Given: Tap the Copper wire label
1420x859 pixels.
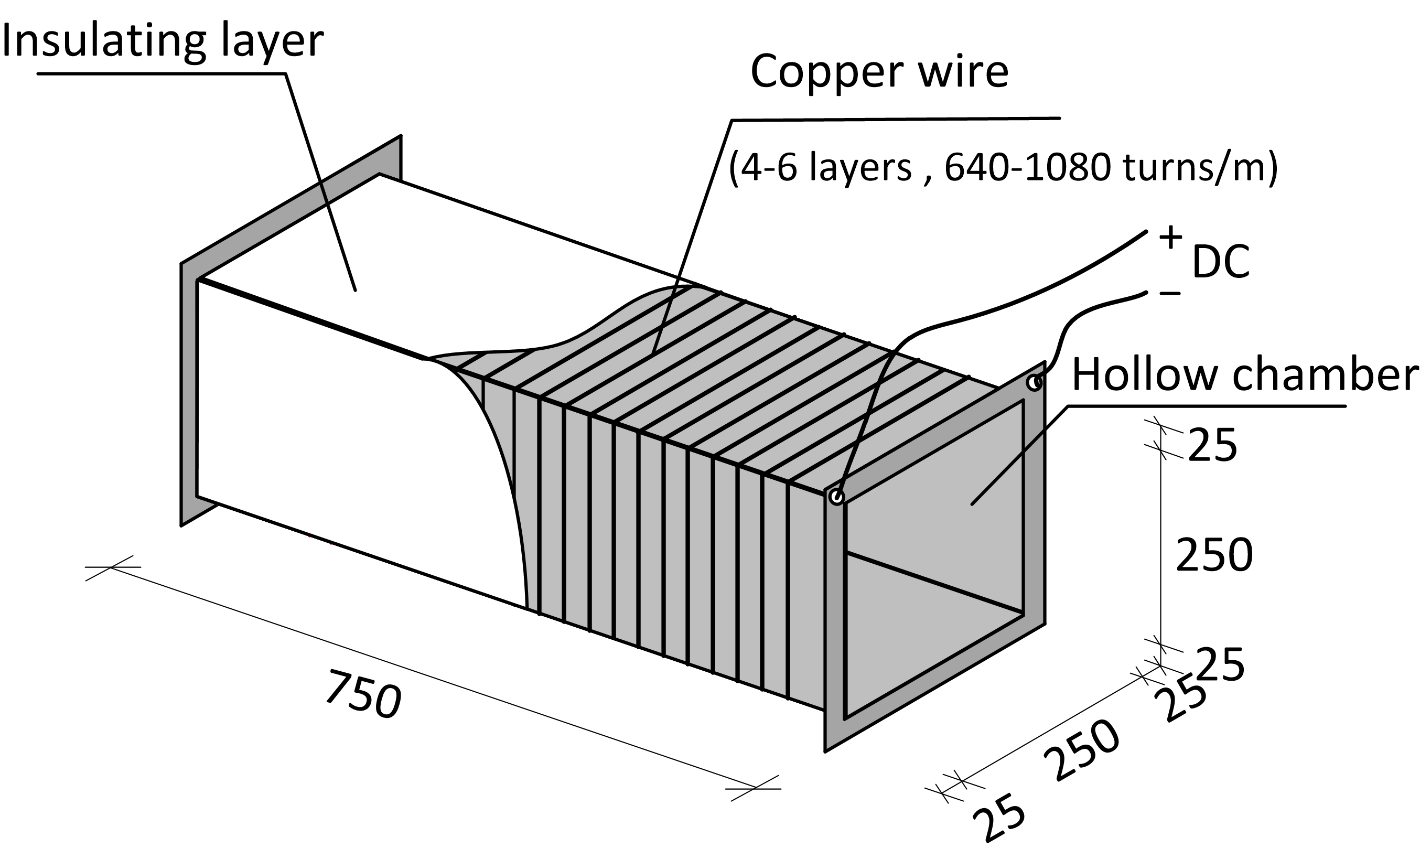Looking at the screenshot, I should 879,72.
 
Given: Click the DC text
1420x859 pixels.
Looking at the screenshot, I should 1220,262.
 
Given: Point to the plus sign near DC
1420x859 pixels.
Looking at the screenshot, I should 1170,237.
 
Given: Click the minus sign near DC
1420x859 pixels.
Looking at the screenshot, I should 1170,294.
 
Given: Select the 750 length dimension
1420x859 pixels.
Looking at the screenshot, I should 363,695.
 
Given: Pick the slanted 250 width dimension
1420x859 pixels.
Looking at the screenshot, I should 1082,750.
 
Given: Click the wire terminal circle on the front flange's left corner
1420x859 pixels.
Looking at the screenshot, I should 837,497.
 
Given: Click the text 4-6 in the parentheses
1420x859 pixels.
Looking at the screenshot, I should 764,168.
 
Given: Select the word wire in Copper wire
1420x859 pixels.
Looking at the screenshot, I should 963,72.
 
